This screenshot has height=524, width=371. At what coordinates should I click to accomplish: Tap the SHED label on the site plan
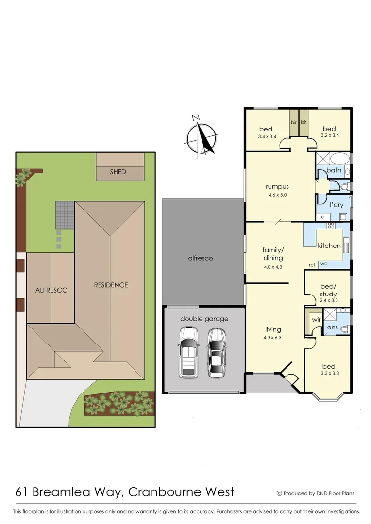pos(118,172)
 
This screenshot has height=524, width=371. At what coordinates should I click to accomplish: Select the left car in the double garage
pos(188,352)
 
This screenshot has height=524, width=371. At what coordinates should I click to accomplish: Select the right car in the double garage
pos(217,352)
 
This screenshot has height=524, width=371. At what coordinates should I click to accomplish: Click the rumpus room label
pos(277,186)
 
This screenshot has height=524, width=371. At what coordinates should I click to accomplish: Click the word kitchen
pos(329,246)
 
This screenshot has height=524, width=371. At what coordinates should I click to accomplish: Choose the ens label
pos(333,328)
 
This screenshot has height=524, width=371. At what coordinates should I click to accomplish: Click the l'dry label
pos(337,206)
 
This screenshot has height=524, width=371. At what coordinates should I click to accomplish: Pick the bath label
pos(334,170)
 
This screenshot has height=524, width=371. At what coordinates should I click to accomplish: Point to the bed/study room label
pos(328,291)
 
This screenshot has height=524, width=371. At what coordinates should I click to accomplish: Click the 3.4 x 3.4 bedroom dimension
pos(267,136)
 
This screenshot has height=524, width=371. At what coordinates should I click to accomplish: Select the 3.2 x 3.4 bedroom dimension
pos(330,135)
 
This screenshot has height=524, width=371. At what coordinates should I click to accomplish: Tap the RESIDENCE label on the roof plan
pos(111,285)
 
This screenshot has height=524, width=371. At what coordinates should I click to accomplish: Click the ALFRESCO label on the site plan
pos(51,290)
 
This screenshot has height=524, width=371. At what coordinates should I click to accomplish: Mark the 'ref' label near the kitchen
pos(312,265)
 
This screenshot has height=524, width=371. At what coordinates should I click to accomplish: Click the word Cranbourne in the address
pos(168,491)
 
